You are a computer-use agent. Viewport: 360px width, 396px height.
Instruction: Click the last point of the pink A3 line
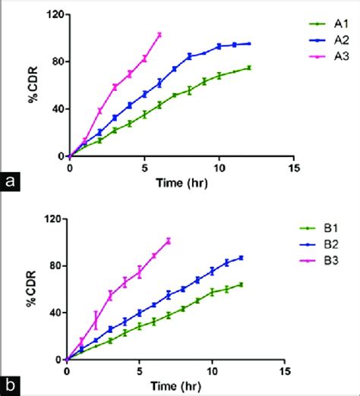(x=159, y=34)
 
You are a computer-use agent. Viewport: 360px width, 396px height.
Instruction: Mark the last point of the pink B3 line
(x=169, y=240)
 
